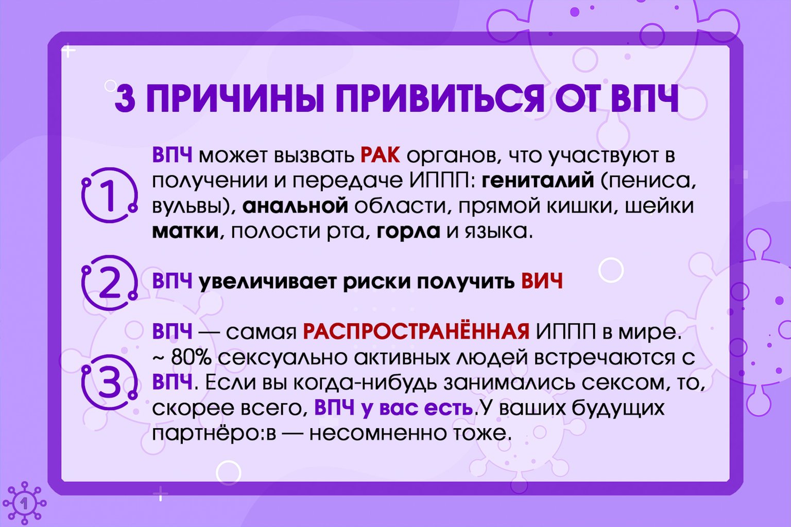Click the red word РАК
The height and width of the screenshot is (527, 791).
[x=380, y=155]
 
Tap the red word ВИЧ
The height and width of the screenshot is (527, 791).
[x=542, y=282]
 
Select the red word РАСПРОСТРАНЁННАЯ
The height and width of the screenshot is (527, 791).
[x=416, y=332]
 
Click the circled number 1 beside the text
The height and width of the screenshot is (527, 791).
[x=109, y=196]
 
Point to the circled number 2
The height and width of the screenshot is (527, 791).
[x=109, y=283]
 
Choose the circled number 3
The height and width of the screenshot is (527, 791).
[x=109, y=382]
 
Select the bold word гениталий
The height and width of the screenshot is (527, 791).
[x=539, y=180]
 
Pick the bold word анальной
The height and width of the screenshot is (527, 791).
[x=295, y=206]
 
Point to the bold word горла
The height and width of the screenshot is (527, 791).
[x=408, y=231]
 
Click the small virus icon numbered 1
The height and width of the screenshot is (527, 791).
[x=24, y=503]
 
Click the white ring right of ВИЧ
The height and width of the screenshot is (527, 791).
[x=611, y=270]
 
